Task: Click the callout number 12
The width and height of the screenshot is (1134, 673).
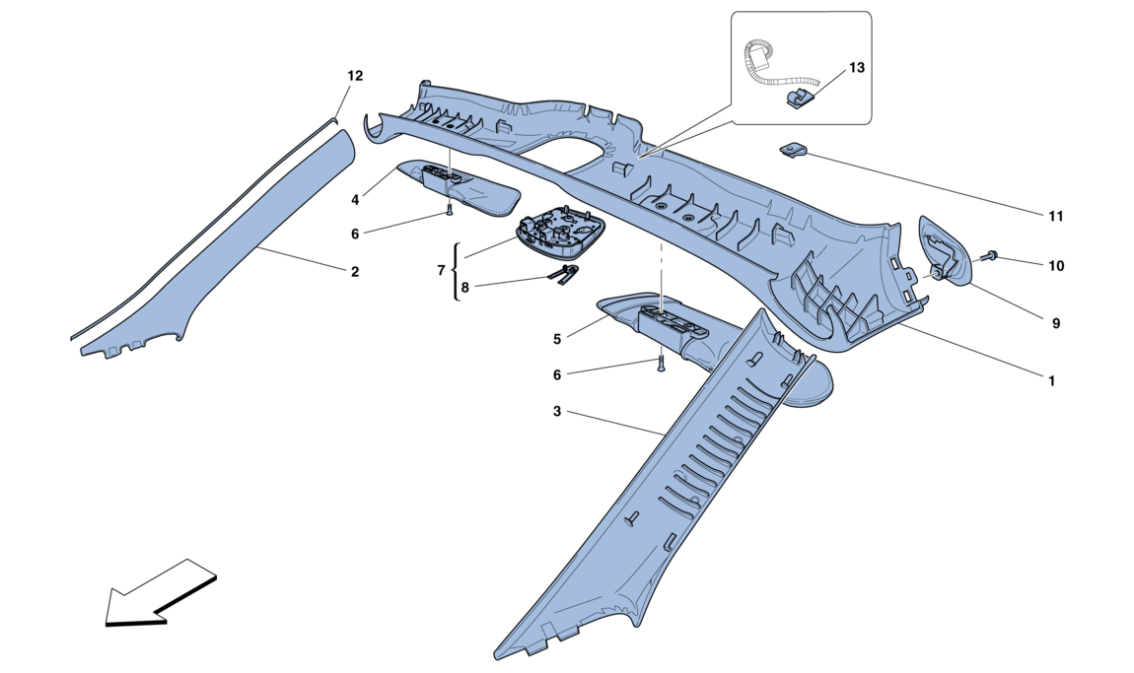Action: (x=354, y=76)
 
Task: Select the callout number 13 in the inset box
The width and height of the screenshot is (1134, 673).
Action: (x=856, y=68)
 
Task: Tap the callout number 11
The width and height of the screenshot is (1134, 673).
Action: (x=1055, y=216)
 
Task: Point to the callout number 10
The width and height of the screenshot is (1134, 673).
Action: (x=1056, y=266)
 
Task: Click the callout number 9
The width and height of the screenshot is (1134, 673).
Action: (x=1056, y=324)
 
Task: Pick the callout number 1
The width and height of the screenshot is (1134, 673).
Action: (x=1051, y=381)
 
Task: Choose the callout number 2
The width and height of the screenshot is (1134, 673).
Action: (x=354, y=272)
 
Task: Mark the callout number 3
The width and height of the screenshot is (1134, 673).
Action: (x=557, y=411)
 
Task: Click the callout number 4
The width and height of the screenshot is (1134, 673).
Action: (x=355, y=199)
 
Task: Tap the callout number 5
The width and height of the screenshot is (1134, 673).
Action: (x=557, y=339)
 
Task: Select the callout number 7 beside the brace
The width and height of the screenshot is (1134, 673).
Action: (x=441, y=270)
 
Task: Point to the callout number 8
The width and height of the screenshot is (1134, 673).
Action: (x=464, y=287)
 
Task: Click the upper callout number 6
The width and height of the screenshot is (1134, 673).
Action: (x=355, y=235)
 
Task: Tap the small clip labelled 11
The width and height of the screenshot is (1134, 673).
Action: (x=794, y=151)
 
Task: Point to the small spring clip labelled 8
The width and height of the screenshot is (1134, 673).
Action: (x=567, y=275)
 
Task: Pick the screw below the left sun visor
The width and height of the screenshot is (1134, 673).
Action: (x=449, y=210)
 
